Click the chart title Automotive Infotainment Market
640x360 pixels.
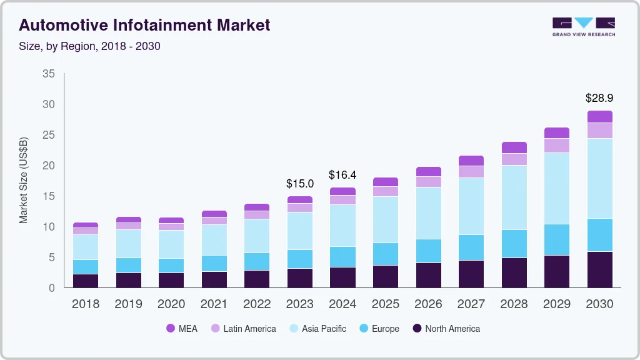(144, 25)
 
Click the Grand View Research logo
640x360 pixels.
(583, 27)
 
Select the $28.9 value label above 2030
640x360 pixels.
(599, 98)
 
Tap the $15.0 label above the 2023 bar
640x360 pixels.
(300, 183)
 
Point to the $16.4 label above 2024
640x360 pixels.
(342, 175)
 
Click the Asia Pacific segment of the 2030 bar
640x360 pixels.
(599, 178)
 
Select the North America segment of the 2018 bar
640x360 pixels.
(86, 281)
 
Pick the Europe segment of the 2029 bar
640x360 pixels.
(556, 239)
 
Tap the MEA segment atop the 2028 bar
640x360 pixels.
(514, 147)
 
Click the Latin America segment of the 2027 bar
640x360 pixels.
(471, 171)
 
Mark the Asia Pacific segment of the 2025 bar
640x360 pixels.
(386, 219)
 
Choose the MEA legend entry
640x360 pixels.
(182, 328)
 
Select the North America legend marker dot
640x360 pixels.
(417, 328)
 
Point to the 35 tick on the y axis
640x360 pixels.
(49, 74)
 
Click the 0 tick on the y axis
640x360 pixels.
(52, 288)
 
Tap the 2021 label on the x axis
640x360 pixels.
(214, 304)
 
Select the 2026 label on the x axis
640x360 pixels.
(428, 304)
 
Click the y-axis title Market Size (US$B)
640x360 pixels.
(24, 181)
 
